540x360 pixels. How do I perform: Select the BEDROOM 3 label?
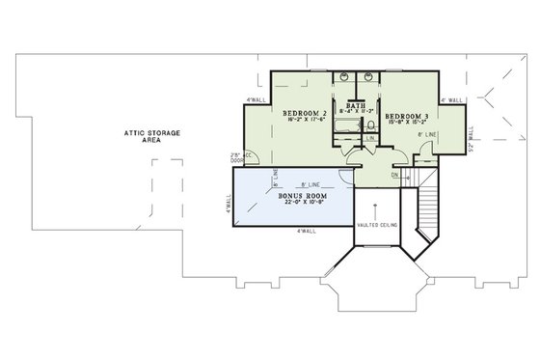pyautogui.click(x=408, y=116)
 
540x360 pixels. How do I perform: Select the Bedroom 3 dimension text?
pyautogui.click(x=407, y=124)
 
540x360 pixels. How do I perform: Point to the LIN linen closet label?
pyautogui.click(x=371, y=138)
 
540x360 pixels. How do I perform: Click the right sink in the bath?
pyautogui.click(x=368, y=75)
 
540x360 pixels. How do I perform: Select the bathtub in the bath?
pyautogui.click(x=343, y=125)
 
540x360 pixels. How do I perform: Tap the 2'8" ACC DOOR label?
pyautogui.click(x=235, y=156)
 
